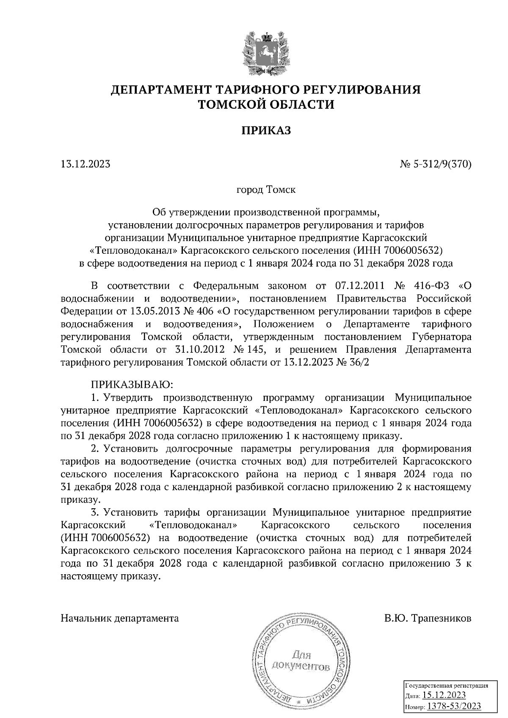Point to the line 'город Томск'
point(266,189)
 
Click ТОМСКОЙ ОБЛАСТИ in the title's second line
point(266,104)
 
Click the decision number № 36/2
point(353,362)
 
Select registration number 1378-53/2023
point(454,706)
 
